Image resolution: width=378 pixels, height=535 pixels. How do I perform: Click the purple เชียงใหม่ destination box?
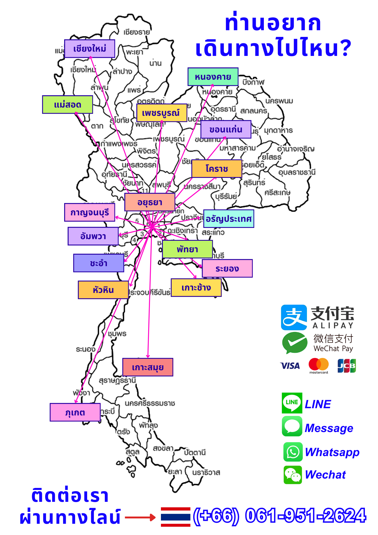click(90, 49)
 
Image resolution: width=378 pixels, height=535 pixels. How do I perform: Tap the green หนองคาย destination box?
click(213, 77)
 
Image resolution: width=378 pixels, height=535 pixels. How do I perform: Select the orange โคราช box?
click(217, 169)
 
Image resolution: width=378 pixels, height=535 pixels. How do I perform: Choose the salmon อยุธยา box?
click(150, 202)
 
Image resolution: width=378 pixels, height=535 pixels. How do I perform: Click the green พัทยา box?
click(187, 249)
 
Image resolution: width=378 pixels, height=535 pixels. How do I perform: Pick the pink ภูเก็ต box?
click(75, 412)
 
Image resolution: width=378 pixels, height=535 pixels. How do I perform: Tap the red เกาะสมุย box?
click(148, 367)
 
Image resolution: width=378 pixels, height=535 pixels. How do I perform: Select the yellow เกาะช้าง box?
click(196, 288)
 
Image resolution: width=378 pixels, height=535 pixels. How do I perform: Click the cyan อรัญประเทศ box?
click(229, 219)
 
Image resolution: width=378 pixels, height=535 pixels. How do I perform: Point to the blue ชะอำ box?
click(99, 263)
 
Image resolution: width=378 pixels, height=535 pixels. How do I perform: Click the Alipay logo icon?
click(294, 317)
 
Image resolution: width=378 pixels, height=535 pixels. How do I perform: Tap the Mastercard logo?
click(318, 365)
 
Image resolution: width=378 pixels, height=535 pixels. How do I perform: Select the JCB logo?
click(346, 366)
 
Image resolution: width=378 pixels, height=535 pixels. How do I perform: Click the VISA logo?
click(290, 366)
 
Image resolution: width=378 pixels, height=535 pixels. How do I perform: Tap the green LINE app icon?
click(292, 403)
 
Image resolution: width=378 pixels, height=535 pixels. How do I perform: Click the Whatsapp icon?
click(293, 452)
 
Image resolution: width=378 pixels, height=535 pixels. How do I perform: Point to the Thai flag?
click(175, 517)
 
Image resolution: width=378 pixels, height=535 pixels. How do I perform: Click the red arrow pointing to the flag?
click(140, 517)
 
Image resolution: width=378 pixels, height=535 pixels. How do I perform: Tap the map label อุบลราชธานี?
click(297, 172)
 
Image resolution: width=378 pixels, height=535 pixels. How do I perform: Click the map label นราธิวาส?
click(206, 472)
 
